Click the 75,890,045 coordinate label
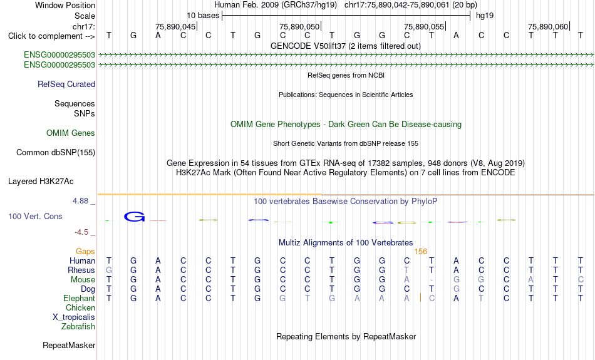tap(175, 26)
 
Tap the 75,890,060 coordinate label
tap(548, 26)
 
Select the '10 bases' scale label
tap(203, 16)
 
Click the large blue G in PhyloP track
tap(134, 217)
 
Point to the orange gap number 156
tap(420, 252)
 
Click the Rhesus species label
tap(81, 270)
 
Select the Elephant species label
tap(79, 299)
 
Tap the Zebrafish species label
tap(78, 327)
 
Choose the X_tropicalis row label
tap(74, 317)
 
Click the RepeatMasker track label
tap(69, 345)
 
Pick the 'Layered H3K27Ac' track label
tap(41, 182)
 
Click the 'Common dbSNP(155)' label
tap(56, 153)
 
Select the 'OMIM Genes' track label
tap(71, 133)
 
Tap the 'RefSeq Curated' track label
tap(66, 85)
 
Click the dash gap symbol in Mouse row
tap(432, 280)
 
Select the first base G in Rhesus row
tap(109, 270)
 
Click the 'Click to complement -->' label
tap(51, 36)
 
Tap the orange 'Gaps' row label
tap(85, 252)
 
